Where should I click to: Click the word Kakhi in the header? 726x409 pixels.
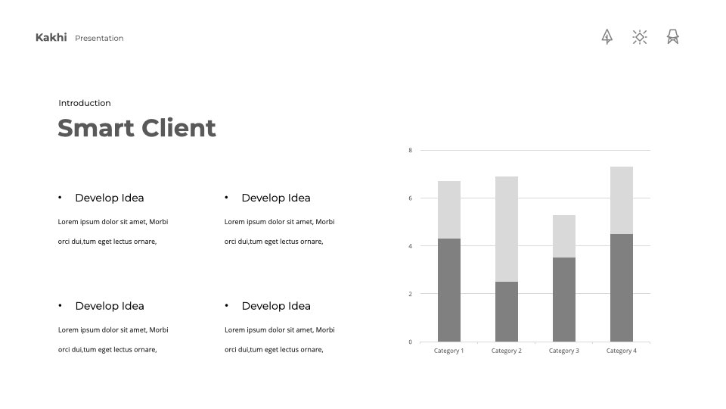(x=51, y=38)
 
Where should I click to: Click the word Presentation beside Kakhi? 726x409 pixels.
(x=99, y=39)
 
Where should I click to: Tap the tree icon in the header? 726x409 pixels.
(x=607, y=36)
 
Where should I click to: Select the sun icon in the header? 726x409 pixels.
(x=640, y=37)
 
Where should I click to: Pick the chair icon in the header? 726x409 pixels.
(x=673, y=36)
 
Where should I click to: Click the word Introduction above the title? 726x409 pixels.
(x=85, y=103)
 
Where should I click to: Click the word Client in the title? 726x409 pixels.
(x=178, y=128)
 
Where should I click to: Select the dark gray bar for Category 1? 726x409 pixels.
(x=449, y=290)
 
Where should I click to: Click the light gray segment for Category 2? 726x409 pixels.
(x=507, y=229)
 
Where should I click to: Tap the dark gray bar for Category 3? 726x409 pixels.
(x=564, y=300)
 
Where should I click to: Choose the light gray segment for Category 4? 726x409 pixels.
(x=622, y=200)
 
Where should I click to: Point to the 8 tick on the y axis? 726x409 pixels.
(x=410, y=150)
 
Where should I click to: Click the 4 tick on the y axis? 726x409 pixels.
(x=410, y=246)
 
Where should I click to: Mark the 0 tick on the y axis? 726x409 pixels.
(x=410, y=342)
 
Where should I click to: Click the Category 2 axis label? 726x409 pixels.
(x=507, y=351)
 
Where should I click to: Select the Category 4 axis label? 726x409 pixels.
(x=622, y=351)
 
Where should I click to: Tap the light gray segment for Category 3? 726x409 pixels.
(x=564, y=236)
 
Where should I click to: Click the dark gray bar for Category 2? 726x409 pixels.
(x=507, y=311)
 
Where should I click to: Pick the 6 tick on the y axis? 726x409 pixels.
(x=410, y=198)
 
